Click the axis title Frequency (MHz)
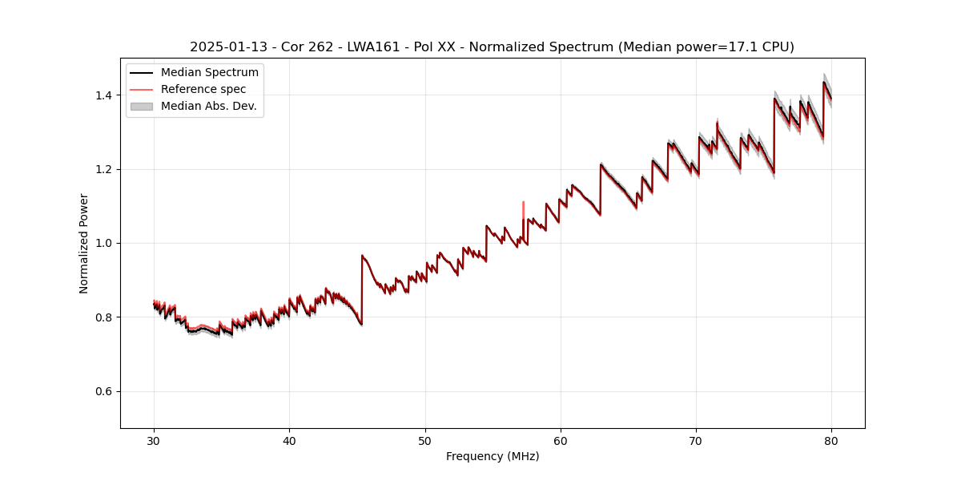coord(493,456)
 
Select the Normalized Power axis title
coord(84,243)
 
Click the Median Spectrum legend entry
coord(209,73)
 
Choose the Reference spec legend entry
coord(203,89)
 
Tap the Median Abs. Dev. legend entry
coord(208,106)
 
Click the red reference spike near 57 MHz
coord(523,208)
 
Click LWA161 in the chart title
coord(373,47)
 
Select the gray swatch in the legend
coord(141,106)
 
